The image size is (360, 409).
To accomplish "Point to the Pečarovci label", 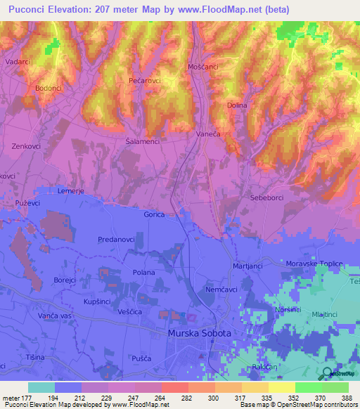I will [x=146, y=81].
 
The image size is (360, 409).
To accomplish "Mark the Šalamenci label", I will [x=142, y=141].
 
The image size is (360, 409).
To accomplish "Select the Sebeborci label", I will [x=266, y=198].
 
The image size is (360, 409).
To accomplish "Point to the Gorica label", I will [x=153, y=214].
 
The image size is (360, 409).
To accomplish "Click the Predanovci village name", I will [x=116, y=240].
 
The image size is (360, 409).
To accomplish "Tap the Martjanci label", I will [x=248, y=266].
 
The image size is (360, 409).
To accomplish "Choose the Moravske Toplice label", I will [x=314, y=264].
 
